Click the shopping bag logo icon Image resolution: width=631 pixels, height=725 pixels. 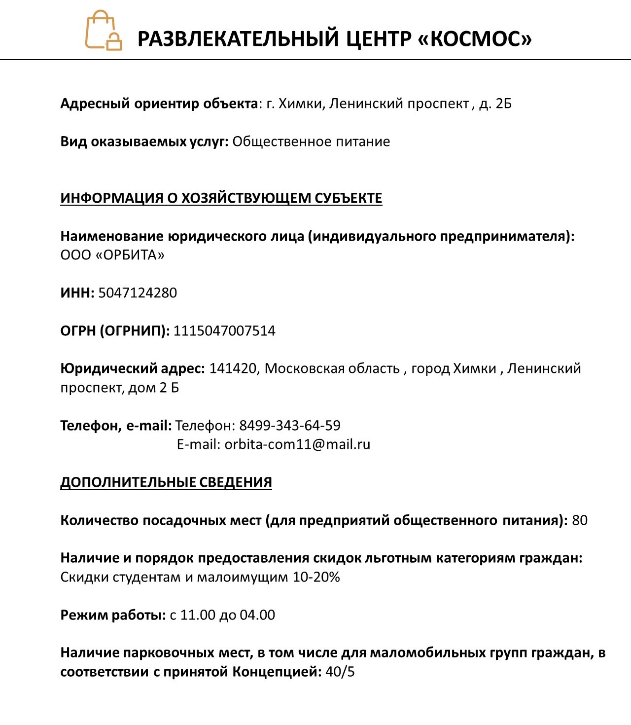pyautogui.click(x=104, y=31)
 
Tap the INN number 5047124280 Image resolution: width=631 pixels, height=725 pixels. pyautogui.click(x=138, y=293)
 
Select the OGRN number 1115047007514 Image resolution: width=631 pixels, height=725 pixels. pyautogui.click(x=224, y=330)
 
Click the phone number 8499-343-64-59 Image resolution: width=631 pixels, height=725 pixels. pyautogui.click(x=290, y=425)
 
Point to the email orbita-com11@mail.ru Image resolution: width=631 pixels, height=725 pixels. pyautogui.click(x=297, y=444)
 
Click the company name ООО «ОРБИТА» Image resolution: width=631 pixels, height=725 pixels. pyautogui.click(x=112, y=255)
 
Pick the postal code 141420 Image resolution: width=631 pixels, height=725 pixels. pyautogui.click(x=233, y=368)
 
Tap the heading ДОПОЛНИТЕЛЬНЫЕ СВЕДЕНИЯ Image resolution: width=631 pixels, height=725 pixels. pyautogui.click(x=166, y=482)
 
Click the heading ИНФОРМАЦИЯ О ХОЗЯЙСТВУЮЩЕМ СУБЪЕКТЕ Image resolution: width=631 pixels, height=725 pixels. pyautogui.click(x=221, y=198)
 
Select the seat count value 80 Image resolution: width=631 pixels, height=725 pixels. pyautogui.click(x=580, y=520)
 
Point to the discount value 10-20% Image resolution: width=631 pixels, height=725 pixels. pyautogui.click(x=316, y=577)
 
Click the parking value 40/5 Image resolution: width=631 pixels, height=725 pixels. pyautogui.click(x=340, y=672)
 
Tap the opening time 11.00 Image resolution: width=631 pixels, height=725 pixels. pyautogui.click(x=198, y=615)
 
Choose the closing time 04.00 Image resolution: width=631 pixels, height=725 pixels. pyautogui.click(x=257, y=615)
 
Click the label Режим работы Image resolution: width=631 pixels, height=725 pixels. pyautogui.click(x=112, y=615)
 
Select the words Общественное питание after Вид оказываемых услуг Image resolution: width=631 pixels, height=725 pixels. pyautogui.click(x=311, y=142)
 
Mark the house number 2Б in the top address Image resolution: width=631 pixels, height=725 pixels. pyautogui.click(x=503, y=104)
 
